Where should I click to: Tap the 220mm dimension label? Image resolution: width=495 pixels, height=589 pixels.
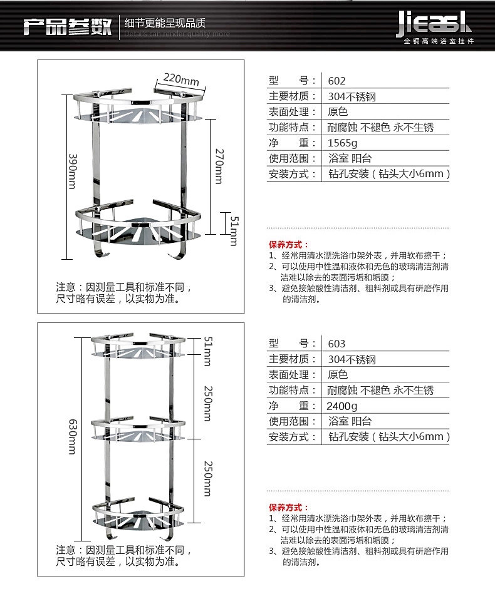click(181, 79)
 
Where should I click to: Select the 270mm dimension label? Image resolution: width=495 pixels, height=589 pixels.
click(219, 165)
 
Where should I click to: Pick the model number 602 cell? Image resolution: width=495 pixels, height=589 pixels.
click(337, 81)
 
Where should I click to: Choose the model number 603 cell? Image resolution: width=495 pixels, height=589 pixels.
click(337, 344)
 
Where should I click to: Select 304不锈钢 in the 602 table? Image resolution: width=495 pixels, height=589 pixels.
click(352, 96)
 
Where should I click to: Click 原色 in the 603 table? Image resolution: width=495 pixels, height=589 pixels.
click(338, 374)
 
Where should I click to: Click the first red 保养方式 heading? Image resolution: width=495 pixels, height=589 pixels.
click(289, 245)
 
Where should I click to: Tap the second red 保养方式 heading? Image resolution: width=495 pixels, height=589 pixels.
click(289, 508)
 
